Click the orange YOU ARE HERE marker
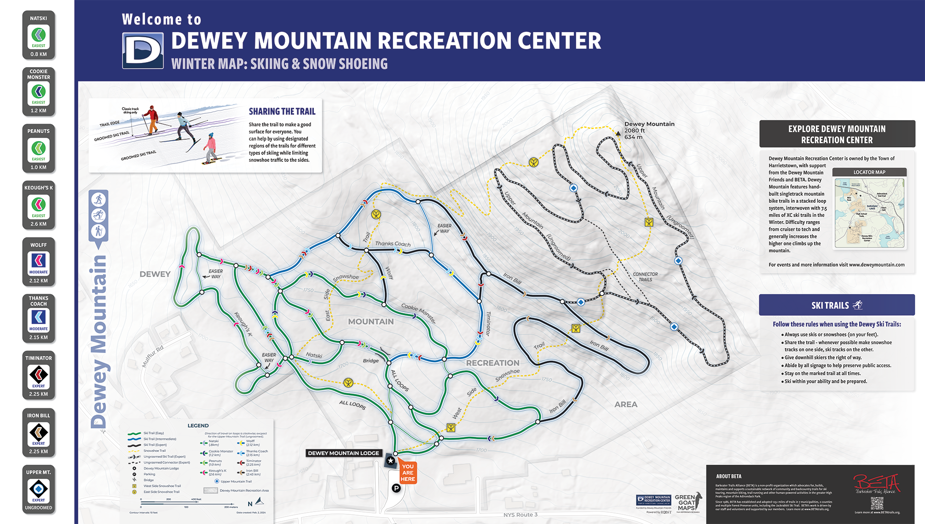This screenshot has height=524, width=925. pos(408,472)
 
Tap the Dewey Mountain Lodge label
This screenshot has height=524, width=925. pos(343,453)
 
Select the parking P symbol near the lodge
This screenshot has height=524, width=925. pos(396,488)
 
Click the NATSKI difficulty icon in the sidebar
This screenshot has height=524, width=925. pos(39,35)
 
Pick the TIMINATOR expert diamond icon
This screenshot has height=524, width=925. pos(39,375)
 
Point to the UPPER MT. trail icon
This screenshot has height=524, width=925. pos(39,489)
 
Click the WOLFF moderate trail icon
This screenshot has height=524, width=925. pos(39,262)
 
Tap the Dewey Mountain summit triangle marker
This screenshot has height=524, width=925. pos(618,133)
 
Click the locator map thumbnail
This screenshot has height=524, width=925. pos(869,213)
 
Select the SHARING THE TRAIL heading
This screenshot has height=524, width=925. pos(282,111)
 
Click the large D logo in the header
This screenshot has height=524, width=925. pos(143,51)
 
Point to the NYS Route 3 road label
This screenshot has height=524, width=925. pos(520,515)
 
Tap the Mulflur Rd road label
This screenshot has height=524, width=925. pos(152,357)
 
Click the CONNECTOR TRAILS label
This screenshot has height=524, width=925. pos(645,277)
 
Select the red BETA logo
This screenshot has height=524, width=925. pos(876,484)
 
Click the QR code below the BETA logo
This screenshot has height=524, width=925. pos(877,503)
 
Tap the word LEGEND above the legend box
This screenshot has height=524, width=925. pos(198,426)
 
